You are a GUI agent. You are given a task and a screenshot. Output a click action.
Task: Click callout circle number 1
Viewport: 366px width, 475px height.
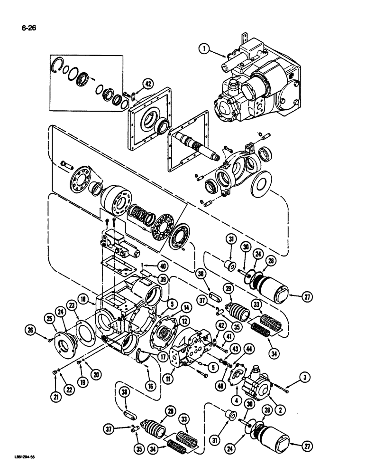(203, 48)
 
